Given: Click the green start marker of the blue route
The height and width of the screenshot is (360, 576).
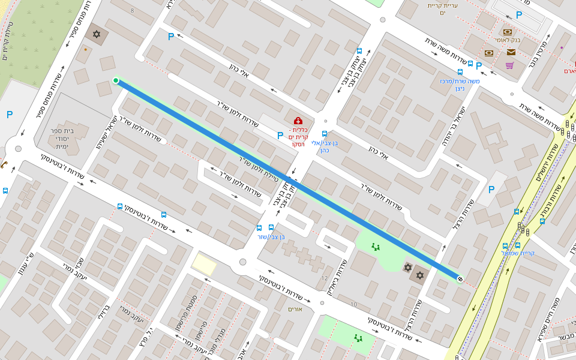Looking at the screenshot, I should tap(116, 80).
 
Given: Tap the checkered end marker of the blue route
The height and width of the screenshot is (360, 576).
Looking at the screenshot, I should tap(460, 278).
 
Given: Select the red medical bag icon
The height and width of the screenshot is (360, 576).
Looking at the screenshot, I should tap(298, 121).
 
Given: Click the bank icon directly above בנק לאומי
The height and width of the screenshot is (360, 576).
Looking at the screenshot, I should tap(508, 32).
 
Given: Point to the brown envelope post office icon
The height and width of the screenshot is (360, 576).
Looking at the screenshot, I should tap(511, 52).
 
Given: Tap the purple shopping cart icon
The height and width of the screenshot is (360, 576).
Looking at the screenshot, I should tap(510, 65).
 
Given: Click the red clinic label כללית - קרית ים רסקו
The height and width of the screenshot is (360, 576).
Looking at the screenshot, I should tap(299, 137).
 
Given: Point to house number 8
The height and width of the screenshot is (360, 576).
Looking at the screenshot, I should tap(132, 11).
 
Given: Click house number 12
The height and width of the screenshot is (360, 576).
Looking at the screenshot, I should tap(325, 278).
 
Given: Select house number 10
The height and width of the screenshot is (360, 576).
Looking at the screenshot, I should tap(353, 305).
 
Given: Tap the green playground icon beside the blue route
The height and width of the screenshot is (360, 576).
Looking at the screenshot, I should tap(376, 246).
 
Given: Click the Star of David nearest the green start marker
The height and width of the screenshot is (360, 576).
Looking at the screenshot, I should tap(96, 34).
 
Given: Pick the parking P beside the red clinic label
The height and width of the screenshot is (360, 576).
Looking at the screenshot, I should tap(280, 136).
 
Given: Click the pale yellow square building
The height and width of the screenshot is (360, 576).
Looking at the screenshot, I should tap(204, 265).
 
